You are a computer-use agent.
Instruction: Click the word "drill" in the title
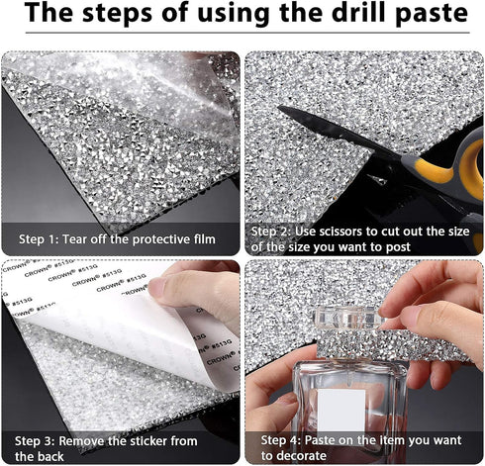pyautogui.click(x=357, y=13)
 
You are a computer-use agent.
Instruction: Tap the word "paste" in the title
pyautogui.click(x=432, y=15)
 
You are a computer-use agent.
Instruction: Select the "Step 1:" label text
pyautogui.click(x=39, y=239)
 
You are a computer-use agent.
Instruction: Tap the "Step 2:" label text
pyautogui.click(x=270, y=232)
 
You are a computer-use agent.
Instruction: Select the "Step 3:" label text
pyautogui.click(x=35, y=441)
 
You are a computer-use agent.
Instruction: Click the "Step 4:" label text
pyautogui.click(x=281, y=440)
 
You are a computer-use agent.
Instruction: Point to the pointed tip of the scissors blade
pyautogui.click(x=279, y=107)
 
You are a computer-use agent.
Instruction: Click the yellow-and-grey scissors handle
pyautogui.click(x=455, y=175)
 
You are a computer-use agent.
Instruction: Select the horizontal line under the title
pyautogui.click(x=247, y=33)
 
